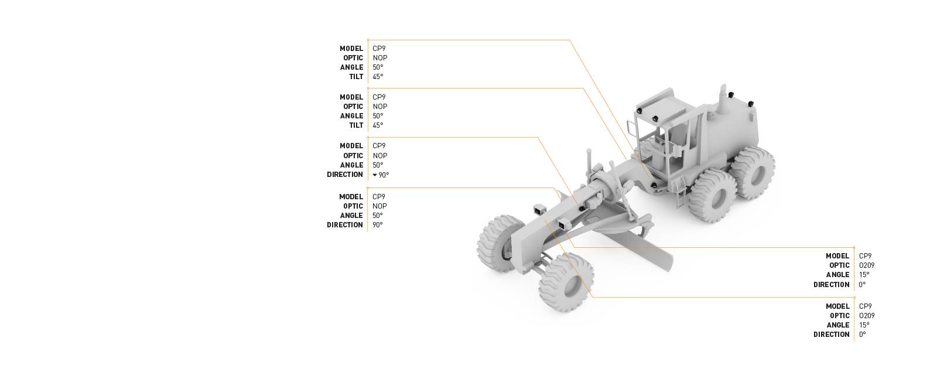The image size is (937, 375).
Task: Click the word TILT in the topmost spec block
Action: [356, 77]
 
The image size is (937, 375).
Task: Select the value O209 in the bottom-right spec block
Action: [866, 316]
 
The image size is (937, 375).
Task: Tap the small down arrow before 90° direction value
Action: [375, 175]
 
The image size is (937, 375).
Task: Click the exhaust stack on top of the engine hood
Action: [724, 102]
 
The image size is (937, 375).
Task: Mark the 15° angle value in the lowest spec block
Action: [864, 325]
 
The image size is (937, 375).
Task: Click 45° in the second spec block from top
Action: [378, 125]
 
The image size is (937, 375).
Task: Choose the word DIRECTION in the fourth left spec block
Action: [344, 225]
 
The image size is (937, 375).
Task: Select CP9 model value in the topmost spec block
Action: [379, 49]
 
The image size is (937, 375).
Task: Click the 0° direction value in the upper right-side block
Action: [862, 285]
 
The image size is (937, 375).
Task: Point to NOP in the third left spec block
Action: [379, 156]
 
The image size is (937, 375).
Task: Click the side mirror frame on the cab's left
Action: [631, 128]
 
